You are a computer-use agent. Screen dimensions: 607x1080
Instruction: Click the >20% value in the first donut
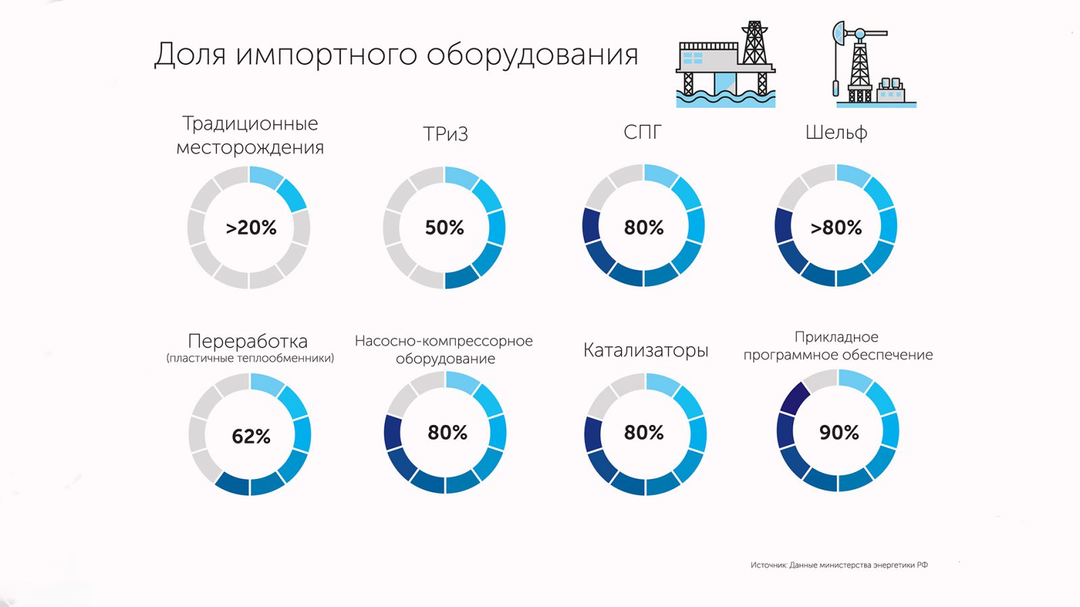[251, 228]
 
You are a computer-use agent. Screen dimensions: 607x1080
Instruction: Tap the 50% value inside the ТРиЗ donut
[444, 228]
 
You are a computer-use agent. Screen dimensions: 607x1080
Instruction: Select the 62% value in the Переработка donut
[251, 436]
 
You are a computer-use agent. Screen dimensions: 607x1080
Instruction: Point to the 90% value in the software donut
[839, 432]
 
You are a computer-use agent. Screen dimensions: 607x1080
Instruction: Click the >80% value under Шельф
[836, 228]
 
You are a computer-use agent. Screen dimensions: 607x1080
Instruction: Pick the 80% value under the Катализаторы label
[644, 432]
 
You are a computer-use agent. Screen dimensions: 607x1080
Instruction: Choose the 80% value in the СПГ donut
[644, 228]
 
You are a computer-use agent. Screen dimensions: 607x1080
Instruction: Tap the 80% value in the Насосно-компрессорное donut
[448, 432]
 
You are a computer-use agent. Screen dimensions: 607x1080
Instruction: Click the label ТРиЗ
[446, 134]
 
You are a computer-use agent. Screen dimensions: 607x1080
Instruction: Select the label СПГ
[643, 132]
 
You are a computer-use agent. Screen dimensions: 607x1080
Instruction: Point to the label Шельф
[836, 133]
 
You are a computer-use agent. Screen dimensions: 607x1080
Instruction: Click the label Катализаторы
[646, 350]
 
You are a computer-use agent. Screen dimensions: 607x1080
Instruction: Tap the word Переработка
[248, 341]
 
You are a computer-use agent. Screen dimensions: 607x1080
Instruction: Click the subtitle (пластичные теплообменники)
[250, 358]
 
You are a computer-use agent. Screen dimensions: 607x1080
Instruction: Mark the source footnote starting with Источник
[839, 565]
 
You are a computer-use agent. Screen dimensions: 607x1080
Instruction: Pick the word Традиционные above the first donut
[250, 123]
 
